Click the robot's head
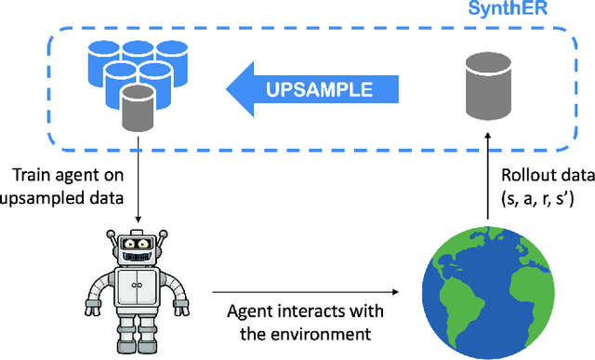(x=137, y=245)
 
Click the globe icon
(x=488, y=288)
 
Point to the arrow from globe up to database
(x=489, y=177)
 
